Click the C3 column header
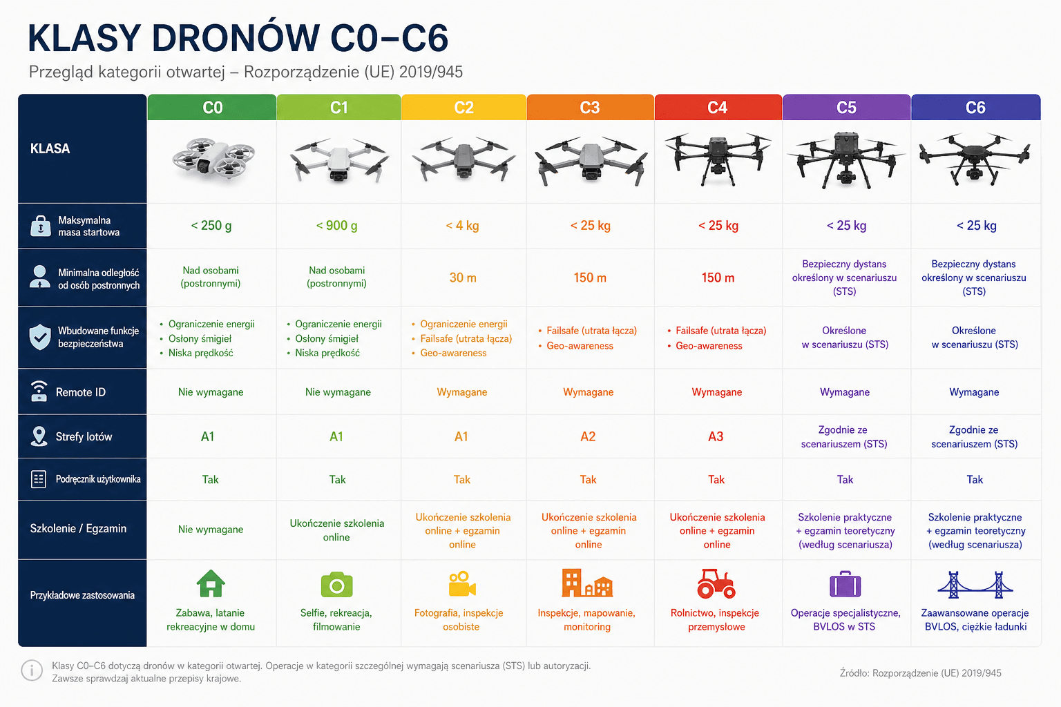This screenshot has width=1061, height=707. [x=590, y=108]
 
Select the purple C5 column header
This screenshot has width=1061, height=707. [x=846, y=108]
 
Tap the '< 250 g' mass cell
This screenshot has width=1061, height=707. [x=211, y=226]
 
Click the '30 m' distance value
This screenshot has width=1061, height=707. [x=463, y=278]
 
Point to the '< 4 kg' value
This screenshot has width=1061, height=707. [x=462, y=226]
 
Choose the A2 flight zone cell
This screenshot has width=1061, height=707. [x=588, y=436]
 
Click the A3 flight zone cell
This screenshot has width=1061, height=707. [x=716, y=436]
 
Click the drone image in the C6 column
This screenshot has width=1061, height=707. [x=975, y=159]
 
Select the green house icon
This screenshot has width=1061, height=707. [x=211, y=583]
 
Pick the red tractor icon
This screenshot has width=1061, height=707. [x=716, y=583]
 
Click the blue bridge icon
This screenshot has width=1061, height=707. [x=975, y=584]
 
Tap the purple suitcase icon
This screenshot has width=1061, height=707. [x=845, y=584]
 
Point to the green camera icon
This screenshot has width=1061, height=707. [x=337, y=584]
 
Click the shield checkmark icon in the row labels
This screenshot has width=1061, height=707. [x=40, y=337]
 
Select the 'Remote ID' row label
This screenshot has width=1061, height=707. [x=81, y=392]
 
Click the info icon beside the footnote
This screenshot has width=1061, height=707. [x=32, y=670]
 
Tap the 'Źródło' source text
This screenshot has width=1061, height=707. [x=920, y=673]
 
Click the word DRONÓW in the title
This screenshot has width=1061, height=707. [x=236, y=38]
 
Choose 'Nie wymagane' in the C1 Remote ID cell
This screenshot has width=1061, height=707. [x=338, y=392]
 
